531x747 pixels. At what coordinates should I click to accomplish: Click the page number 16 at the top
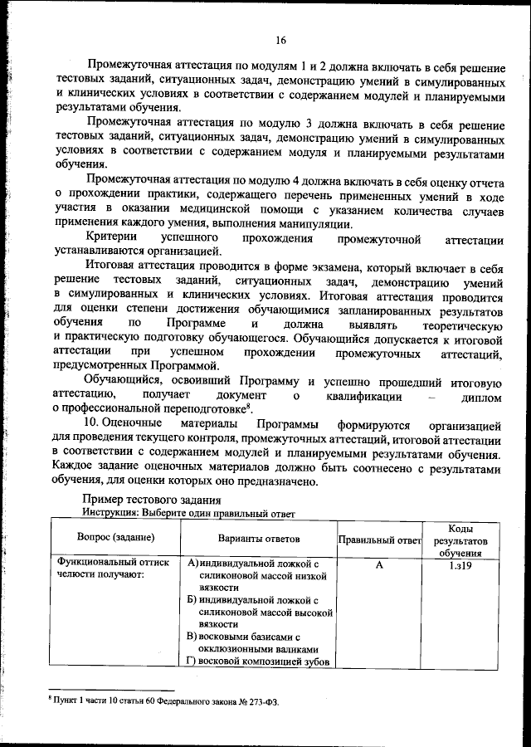click(281, 40)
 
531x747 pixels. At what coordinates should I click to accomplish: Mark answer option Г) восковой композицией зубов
click(259, 662)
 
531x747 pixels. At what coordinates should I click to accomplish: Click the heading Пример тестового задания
click(152, 499)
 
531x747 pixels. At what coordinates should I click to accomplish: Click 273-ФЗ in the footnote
click(262, 701)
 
